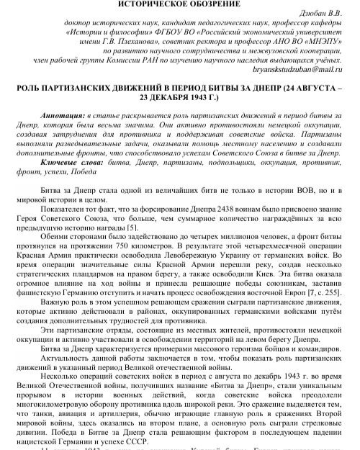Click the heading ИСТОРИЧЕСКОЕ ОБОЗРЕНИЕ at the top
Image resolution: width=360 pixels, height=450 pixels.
tap(179, 5)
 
